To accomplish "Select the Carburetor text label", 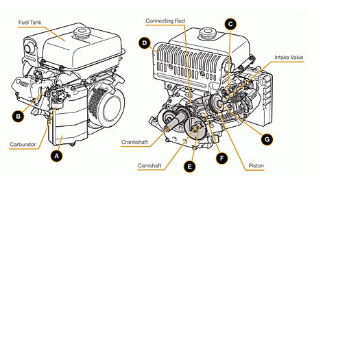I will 24,145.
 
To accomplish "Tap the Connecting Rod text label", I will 165,21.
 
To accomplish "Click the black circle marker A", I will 57,156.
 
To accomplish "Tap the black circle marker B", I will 18,116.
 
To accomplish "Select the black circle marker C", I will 230,24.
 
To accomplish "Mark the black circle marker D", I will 144,43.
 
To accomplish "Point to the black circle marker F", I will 221,158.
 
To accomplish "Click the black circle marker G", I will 267,139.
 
